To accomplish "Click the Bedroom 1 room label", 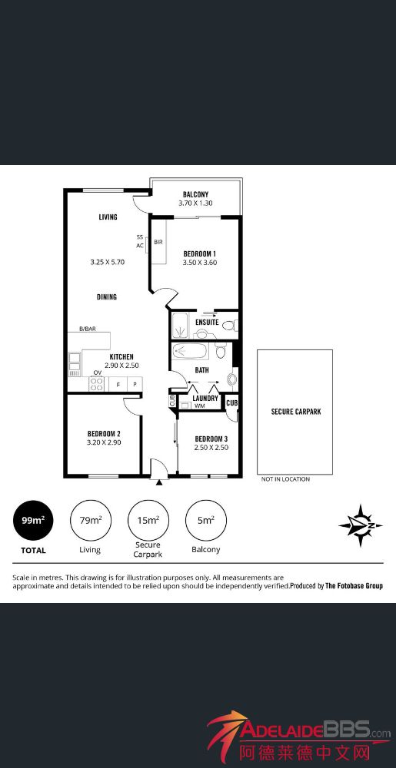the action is coord(199,253).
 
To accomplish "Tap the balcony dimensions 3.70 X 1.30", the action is coord(196,203).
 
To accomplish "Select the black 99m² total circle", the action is coord(33,521).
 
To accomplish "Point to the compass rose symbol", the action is coord(361,525).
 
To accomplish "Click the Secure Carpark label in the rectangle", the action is coord(296,412).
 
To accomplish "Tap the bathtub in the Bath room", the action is coord(191,351).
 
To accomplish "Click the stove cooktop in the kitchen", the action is coord(96,383).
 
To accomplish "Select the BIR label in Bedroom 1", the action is coord(158,243).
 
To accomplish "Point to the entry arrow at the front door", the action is coord(159,482).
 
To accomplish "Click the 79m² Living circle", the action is coord(91,521).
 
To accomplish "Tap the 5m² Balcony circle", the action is coord(206,521).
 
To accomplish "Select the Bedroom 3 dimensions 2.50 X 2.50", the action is coord(211,447).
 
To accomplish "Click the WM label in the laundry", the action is coord(199,406).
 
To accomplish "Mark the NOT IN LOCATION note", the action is coord(286,479).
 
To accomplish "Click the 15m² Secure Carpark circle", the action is coord(148,521).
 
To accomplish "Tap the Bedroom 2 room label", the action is coord(104,433).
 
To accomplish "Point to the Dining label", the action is coord(106,296).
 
